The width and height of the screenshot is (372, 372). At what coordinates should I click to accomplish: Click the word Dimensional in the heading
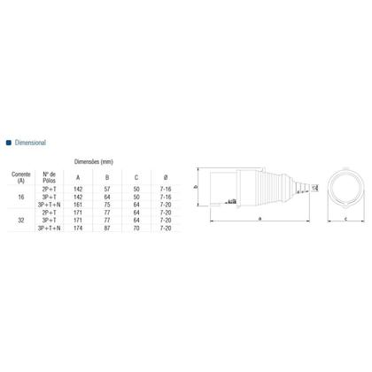31,142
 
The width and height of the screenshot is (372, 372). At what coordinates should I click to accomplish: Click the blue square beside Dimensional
9,142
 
